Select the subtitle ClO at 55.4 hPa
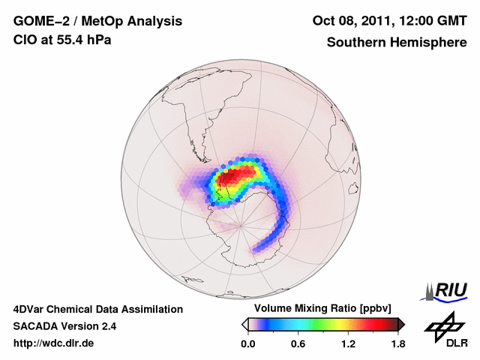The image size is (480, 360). [x=62, y=40]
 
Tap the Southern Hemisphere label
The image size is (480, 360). [x=397, y=42]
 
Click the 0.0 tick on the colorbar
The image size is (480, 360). [x=247, y=343]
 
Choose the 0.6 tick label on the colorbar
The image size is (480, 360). [x=298, y=343]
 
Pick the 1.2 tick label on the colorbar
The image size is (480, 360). [x=348, y=343]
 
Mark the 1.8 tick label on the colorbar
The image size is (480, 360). [x=397, y=343]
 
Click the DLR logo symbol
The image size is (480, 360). [x=446, y=326]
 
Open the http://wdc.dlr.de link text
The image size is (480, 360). [x=54, y=343]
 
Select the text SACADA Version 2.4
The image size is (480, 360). [x=64, y=326]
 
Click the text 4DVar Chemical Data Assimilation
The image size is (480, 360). [x=97, y=309]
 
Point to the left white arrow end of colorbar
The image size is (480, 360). [x=244, y=324]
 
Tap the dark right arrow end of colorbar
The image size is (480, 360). [x=401, y=324]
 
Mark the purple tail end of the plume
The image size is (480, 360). [x=257, y=247]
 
